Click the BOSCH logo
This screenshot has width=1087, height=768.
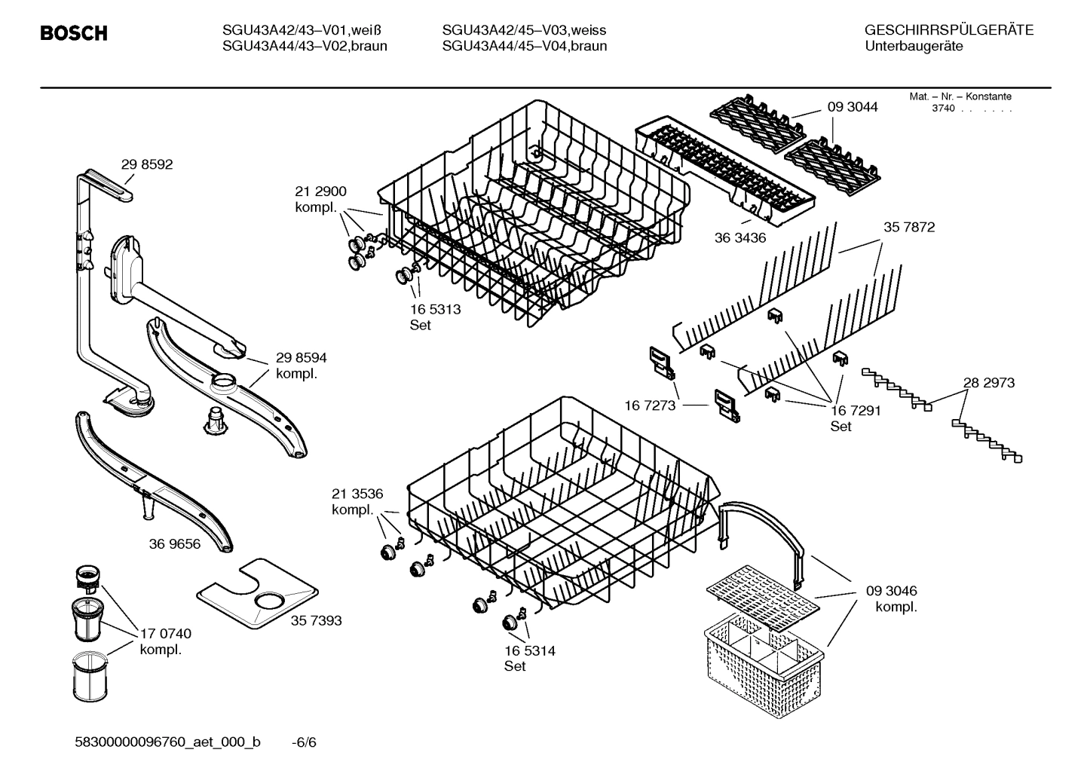[73, 33]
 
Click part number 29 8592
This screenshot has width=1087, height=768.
[147, 164]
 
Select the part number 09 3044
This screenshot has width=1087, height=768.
[853, 107]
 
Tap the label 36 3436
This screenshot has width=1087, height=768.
[740, 238]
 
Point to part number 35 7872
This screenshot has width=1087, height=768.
[909, 227]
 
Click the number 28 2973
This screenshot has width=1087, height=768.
[989, 382]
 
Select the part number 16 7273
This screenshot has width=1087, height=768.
[650, 405]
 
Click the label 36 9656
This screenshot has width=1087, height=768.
[175, 543]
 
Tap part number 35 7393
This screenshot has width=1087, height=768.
[316, 620]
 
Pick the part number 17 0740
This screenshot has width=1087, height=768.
[166, 634]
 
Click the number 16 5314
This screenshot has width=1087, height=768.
[530, 650]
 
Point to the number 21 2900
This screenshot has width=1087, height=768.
[321, 191]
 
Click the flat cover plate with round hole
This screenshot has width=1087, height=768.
[256, 593]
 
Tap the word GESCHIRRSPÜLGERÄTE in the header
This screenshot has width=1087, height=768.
[949, 30]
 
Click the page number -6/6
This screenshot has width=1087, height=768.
[304, 742]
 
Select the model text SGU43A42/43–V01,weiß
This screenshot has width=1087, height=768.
[303, 30]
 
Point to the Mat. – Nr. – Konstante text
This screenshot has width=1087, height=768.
[960, 96]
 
